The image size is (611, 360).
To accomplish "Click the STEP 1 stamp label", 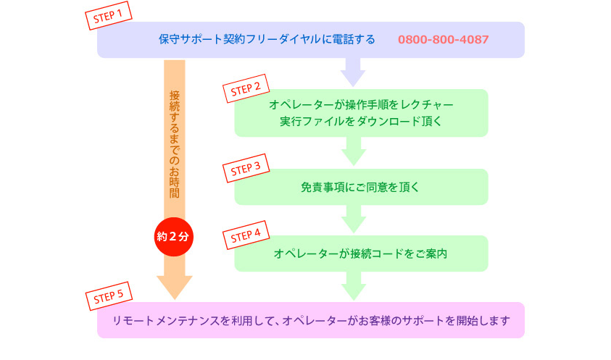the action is click(x=108, y=16).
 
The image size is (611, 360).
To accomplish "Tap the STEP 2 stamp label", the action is click(x=246, y=88).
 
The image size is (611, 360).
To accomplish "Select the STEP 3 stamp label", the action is click(x=246, y=168).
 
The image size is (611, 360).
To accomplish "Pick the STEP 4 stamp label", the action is click(x=246, y=235).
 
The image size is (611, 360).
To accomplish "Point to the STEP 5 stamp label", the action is click(x=109, y=296).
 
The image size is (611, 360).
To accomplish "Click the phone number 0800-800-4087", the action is click(x=443, y=39).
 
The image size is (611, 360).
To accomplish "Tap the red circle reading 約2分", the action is click(x=174, y=236).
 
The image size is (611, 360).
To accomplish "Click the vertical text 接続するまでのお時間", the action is click(x=174, y=144).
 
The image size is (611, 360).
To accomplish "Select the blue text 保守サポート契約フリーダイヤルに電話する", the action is click(x=267, y=39).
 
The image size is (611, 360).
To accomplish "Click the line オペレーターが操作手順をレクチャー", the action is click(x=361, y=105).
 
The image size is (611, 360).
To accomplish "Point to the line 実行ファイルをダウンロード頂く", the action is click(x=361, y=122).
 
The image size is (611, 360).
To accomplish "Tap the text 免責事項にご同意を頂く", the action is click(x=360, y=188).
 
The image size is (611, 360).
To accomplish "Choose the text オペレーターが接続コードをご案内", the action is click(x=360, y=254).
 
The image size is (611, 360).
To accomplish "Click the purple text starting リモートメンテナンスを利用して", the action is click(x=311, y=321).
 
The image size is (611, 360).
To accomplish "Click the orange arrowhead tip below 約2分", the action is click(x=175, y=300).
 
